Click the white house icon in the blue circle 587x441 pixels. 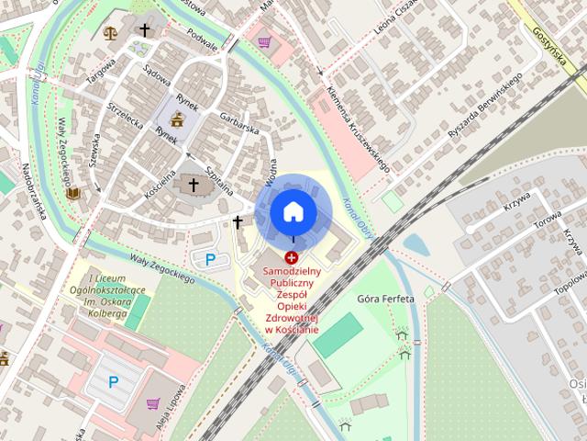(293, 212)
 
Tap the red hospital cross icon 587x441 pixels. (292, 258)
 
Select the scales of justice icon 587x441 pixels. (111, 32)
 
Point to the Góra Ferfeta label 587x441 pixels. (385, 300)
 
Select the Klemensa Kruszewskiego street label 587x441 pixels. (359, 130)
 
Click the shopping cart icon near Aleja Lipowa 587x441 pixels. (151, 402)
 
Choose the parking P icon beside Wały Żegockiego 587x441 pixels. (211, 259)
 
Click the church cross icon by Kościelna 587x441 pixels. (193, 186)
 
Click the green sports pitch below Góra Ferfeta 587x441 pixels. (338, 335)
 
